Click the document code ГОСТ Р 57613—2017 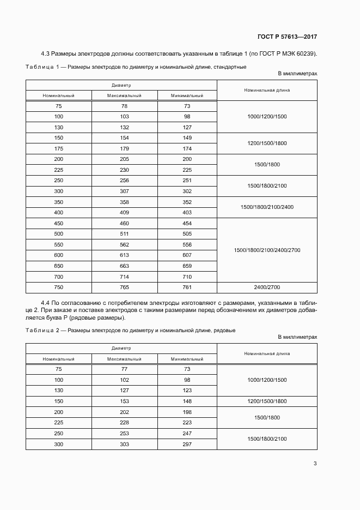(x=287, y=37)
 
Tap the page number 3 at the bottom (x=315, y=464)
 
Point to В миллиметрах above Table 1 (x=297, y=73)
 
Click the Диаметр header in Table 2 (x=121, y=348)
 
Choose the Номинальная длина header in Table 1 (x=267, y=90)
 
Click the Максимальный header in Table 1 (x=124, y=95)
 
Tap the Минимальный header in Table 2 (x=187, y=359)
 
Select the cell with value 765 (x=124, y=287)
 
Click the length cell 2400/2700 (x=267, y=287)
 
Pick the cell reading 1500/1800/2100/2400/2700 (x=267, y=250)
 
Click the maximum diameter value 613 (x=124, y=255)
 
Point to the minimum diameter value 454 (x=187, y=223)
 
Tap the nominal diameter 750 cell (x=58, y=287)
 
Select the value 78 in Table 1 (x=124, y=106)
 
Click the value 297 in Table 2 (x=187, y=444)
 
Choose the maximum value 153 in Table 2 (x=124, y=401)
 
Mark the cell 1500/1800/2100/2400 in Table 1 (x=267, y=207)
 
